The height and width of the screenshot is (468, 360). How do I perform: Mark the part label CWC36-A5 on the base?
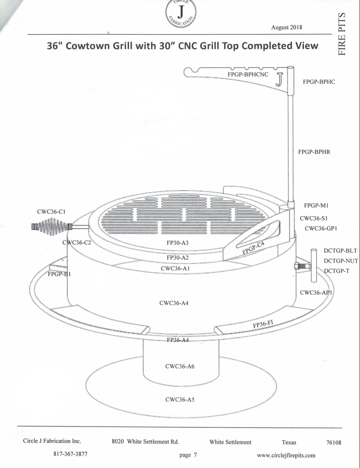click(180, 399)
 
